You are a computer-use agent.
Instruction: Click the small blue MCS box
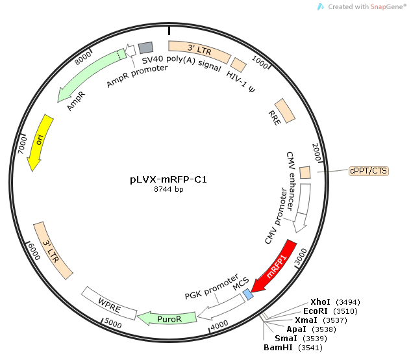pyautogui.click(x=247, y=294)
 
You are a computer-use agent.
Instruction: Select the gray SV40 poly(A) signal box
pyautogui.click(x=145, y=47)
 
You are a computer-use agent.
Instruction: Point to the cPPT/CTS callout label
pyautogui.click(x=368, y=171)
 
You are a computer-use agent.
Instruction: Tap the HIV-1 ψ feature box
pyautogui.click(x=239, y=65)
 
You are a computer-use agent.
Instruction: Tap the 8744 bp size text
pyautogui.click(x=169, y=190)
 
